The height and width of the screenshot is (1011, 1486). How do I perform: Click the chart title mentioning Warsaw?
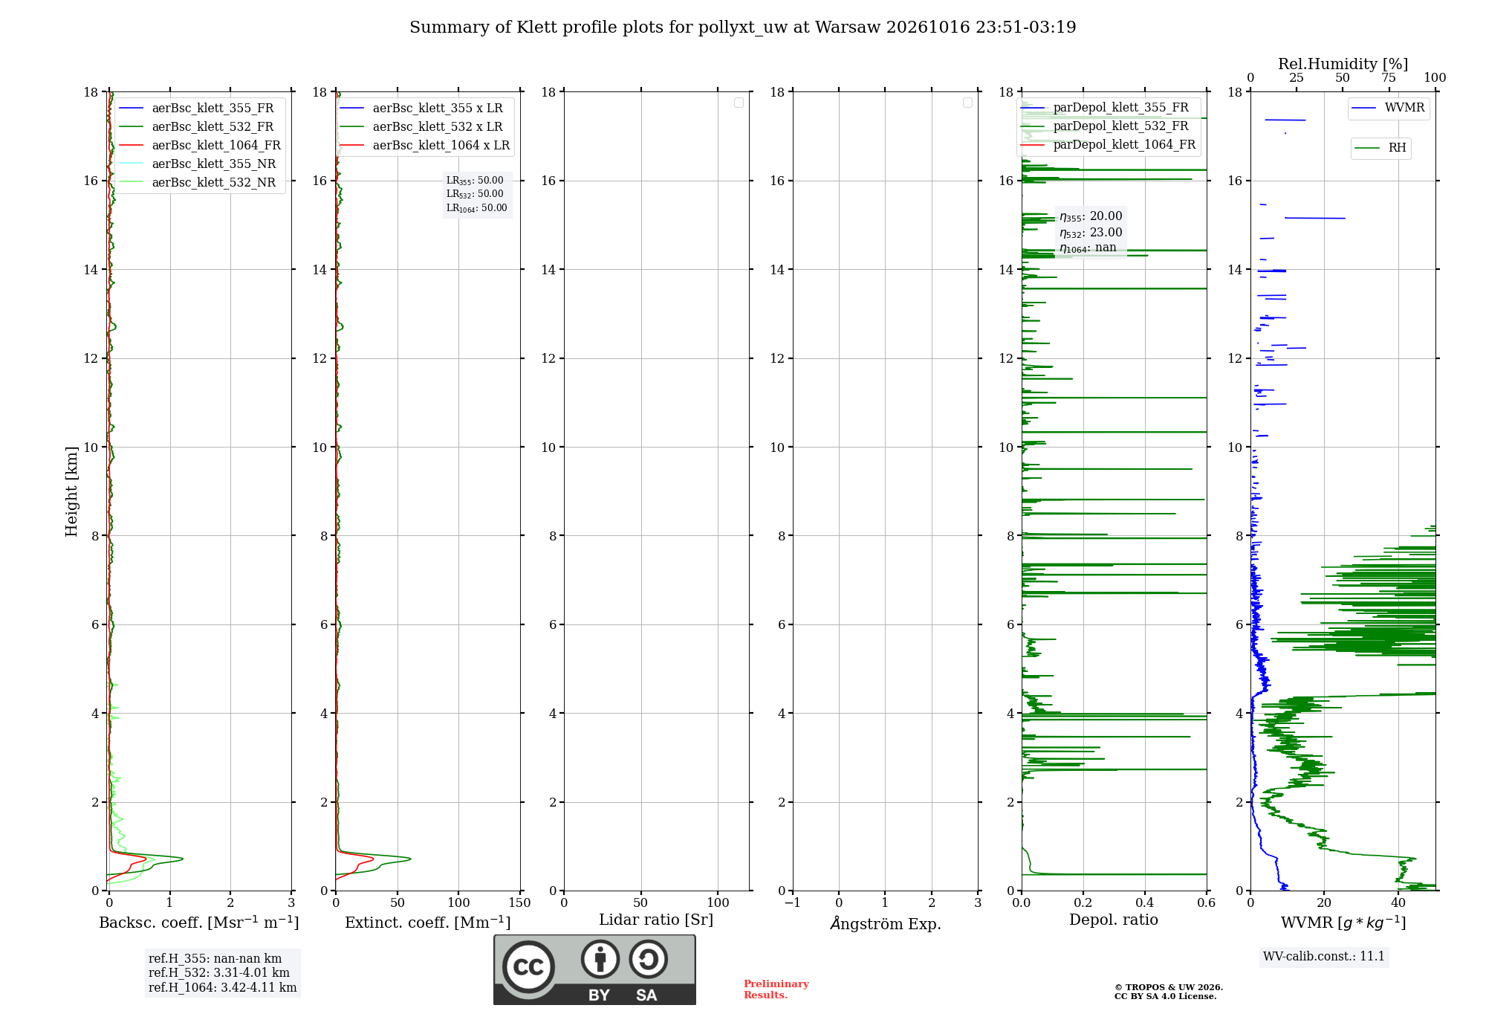click(742, 28)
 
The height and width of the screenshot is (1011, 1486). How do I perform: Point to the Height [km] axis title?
click(71, 491)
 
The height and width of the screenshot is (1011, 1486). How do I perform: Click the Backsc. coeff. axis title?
click(199, 923)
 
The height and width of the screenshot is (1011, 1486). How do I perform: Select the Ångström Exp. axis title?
click(886, 923)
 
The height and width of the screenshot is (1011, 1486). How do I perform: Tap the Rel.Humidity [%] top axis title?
click(1343, 64)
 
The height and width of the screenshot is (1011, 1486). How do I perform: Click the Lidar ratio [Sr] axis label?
click(656, 920)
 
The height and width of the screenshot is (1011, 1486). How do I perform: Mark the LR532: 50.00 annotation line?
click(475, 194)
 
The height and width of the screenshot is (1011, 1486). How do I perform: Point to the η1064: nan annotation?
click(1088, 248)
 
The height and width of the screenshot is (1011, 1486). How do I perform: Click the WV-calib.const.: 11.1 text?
click(1324, 956)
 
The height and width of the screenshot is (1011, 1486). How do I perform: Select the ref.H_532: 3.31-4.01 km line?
click(219, 972)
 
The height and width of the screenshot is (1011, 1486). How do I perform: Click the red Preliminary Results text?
click(776, 989)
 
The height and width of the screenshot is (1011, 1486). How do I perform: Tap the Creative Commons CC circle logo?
click(528, 966)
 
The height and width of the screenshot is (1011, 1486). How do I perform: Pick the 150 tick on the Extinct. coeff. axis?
click(520, 902)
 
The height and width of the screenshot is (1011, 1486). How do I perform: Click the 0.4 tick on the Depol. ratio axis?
click(1145, 902)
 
